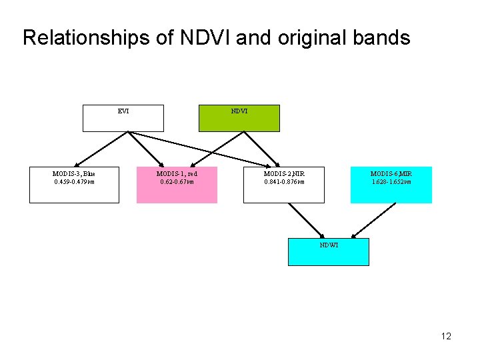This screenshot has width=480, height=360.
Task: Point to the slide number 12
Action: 446,336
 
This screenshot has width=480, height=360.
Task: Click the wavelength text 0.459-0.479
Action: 74,181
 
